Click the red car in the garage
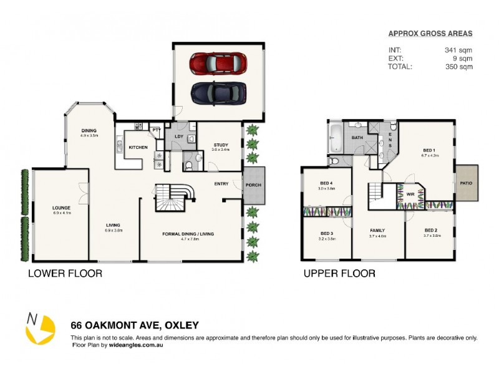coord(218,63)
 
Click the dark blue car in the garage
coord(219,93)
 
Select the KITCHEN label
coord(138,148)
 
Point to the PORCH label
coord(254,185)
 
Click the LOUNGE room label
coord(61,208)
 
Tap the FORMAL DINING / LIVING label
coord(188,234)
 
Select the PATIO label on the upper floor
coord(467,183)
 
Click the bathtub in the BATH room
coord(335,138)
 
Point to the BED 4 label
coord(327,183)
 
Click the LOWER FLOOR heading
coord(65,273)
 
